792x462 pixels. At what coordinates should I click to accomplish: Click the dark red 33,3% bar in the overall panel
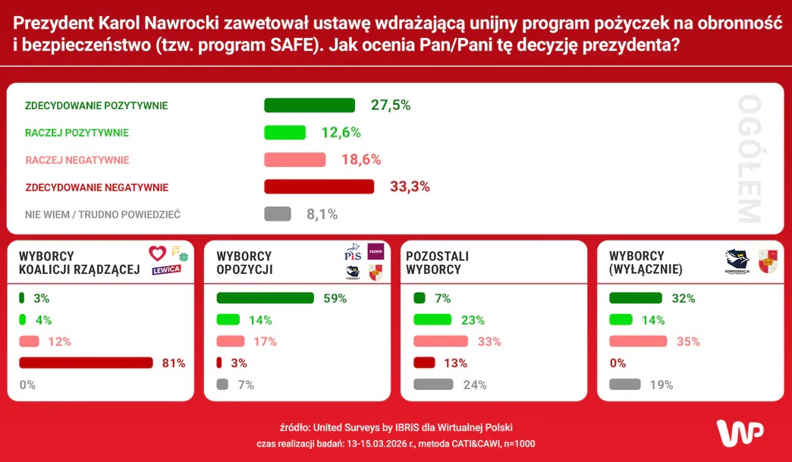point(319,187)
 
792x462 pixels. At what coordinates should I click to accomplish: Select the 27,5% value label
point(391,105)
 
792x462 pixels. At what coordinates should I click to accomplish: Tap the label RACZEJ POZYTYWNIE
point(77,133)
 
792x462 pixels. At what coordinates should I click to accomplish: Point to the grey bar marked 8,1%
point(278,214)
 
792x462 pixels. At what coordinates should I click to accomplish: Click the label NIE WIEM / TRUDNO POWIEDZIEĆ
point(102,215)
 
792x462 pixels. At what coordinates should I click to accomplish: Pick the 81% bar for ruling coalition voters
point(86,363)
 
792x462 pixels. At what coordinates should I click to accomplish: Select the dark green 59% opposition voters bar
point(265,298)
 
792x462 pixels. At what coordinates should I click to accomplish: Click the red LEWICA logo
point(167,269)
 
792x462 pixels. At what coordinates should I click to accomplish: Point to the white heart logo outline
point(157,253)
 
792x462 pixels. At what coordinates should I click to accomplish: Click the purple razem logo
point(376,252)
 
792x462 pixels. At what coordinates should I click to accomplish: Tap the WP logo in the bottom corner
point(740,431)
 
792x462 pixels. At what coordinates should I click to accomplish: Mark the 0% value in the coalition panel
point(27,385)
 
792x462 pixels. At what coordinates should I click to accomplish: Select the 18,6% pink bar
point(294,159)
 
